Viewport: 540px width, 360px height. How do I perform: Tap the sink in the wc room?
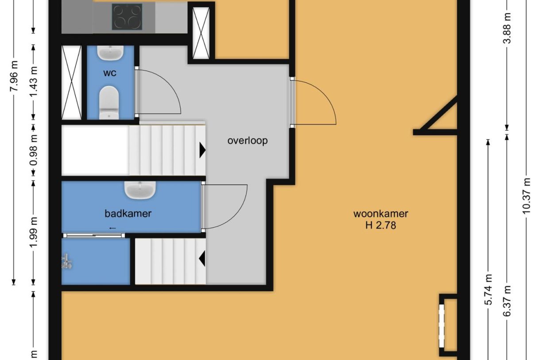click(110, 53)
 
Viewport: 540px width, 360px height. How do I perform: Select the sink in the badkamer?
click(140, 190)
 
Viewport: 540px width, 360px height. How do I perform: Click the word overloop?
click(247, 141)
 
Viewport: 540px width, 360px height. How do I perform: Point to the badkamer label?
click(128, 213)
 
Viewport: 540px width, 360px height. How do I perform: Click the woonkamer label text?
click(380, 213)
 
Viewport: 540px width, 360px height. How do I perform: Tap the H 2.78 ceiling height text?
click(380, 225)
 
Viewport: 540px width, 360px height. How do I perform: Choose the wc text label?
click(110, 73)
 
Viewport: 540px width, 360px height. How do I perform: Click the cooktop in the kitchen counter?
click(127, 17)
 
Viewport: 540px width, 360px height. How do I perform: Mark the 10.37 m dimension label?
click(526, 196)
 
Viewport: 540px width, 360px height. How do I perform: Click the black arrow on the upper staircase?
click(202, 151)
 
